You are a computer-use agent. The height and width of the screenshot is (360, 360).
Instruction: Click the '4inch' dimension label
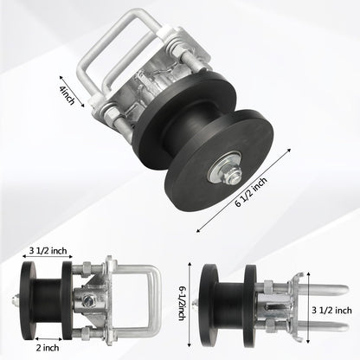click(67, 96)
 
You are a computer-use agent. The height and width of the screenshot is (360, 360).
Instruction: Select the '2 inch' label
click(48, 348)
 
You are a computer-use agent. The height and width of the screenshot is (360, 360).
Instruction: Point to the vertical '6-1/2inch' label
click(182, 303)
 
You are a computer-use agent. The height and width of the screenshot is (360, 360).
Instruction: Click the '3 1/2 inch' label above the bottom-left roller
click(48, 250)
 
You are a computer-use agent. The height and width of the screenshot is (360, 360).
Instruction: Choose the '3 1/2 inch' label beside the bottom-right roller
click(331, 311)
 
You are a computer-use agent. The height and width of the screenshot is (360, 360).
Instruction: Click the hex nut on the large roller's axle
click(230, 174)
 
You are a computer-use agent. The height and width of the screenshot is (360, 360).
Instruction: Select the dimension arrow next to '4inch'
click(72, 92)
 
